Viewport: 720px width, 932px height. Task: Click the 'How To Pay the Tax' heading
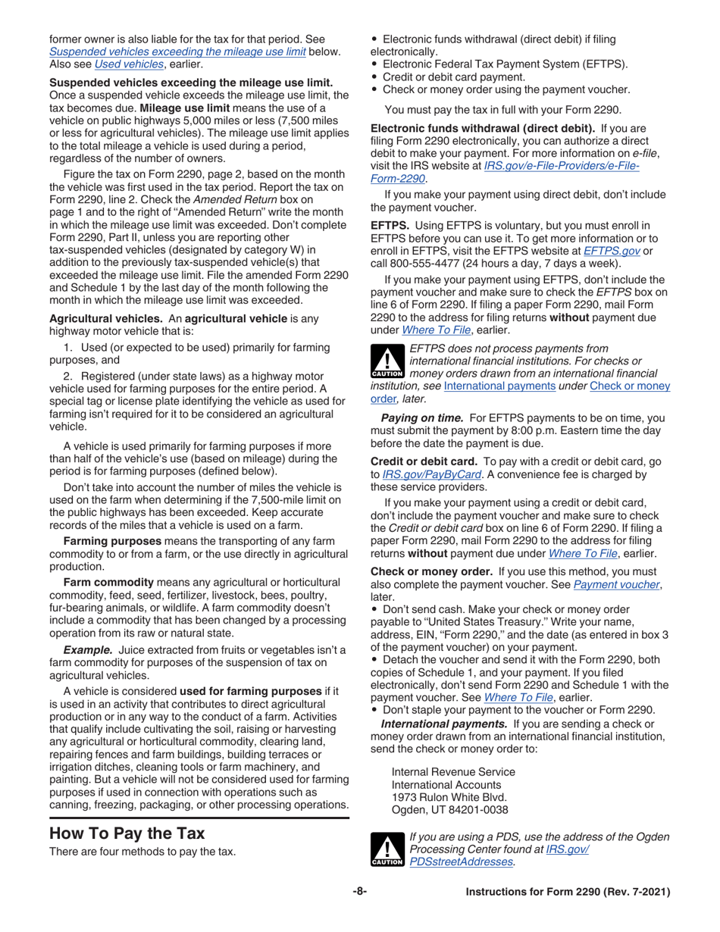point(127,833)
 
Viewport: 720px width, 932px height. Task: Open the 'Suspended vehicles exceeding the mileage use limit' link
point(177,52)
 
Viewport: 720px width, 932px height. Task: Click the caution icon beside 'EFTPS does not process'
point(385,362)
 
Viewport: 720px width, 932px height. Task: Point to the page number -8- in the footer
point(359,893)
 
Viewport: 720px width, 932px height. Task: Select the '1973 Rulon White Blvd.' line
point(444,798)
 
